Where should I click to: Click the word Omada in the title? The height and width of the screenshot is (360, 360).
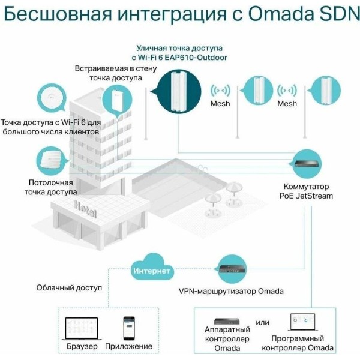pos(281,14)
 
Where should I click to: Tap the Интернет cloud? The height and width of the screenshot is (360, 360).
pos(152,268)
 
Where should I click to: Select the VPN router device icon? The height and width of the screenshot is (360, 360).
pos(232,269)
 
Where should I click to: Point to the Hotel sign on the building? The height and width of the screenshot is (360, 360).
pos(85,209)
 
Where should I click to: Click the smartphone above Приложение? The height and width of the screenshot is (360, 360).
pos(129,328)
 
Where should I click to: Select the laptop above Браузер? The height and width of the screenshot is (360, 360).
pos(82,329)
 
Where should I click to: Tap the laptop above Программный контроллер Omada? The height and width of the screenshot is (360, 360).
pos(303,322)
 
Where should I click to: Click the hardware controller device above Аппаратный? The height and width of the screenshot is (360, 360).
pos(227,322)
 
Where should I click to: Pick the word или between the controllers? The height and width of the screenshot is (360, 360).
pos(262,322)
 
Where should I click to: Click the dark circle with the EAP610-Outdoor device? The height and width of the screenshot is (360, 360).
pos(179,91)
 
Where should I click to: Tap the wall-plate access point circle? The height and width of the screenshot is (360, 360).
pos(117,100)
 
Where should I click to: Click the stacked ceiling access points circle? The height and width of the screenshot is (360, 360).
pos(51,161)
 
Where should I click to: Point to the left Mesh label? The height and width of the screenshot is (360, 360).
pos(220,104)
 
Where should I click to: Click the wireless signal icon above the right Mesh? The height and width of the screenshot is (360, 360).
pos(287,91)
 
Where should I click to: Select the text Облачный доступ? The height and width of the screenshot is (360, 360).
pos(69,287)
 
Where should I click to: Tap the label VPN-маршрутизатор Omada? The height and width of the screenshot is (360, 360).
pos(231,292)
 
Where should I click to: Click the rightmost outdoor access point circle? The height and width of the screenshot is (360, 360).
pos(326,91)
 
